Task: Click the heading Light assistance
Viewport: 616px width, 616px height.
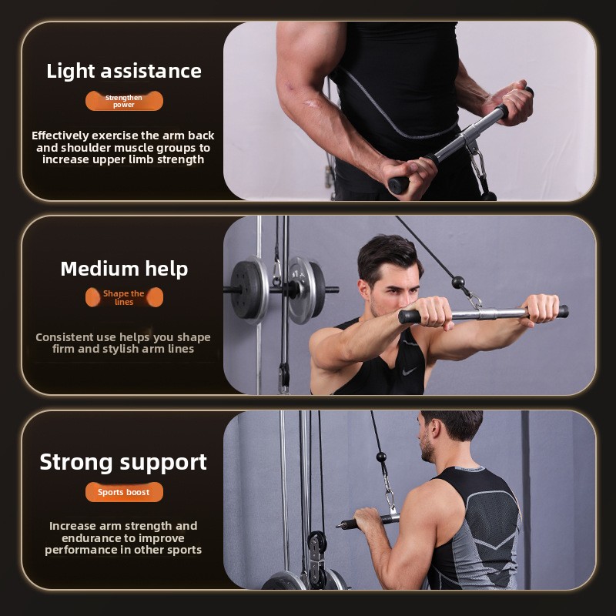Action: [x=124, y=72]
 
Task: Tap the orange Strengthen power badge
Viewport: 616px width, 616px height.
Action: [x=124, y=101]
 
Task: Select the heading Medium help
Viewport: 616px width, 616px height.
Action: [x=124, y=269]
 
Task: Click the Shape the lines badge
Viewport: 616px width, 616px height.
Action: [x=124, y=297]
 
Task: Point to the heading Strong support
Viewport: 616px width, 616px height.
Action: [x=123, y=463]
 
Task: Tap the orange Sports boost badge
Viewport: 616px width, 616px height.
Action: [x=124, y=492]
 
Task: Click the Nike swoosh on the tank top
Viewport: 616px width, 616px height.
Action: [x=410, y=370]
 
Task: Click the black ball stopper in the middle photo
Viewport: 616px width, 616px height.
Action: [x=458, y=282]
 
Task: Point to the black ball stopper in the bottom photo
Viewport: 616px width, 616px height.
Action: [x=381, y=457]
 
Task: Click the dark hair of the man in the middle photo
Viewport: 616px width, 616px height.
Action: [x=389, y=256]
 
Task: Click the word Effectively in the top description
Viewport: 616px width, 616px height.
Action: [x=60, y=136]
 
